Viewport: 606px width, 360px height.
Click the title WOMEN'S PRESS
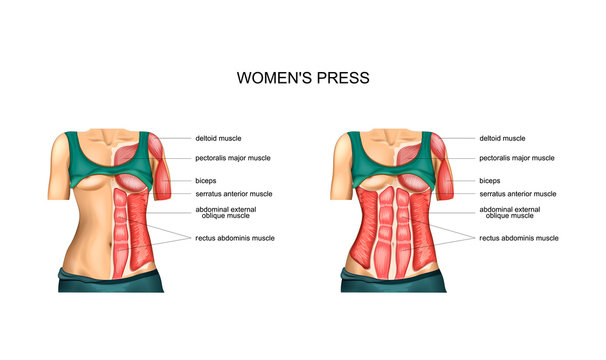(x=302, y=76)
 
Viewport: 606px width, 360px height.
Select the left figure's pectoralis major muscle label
(x=233, y=158)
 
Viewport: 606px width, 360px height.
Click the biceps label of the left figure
(x=207, y=181)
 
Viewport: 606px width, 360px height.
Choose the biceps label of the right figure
(x=491, y=181)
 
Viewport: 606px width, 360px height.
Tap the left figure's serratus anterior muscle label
(x=234, y=194)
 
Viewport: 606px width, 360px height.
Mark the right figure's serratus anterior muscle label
(x=518, y=194)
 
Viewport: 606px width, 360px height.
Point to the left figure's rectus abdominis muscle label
(x=235, y=238)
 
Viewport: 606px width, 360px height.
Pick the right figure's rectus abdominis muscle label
(x=519, y=238)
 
